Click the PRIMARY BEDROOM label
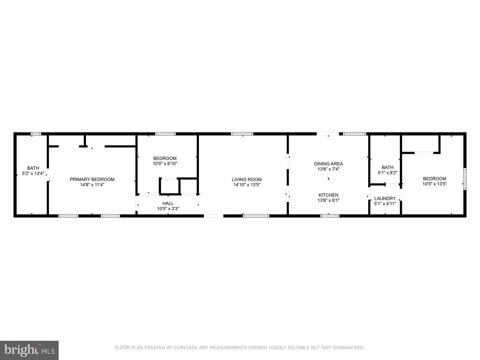92,179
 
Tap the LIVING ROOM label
247,179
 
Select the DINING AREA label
328,164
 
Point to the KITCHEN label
328,195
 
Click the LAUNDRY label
385,198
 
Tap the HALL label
168,203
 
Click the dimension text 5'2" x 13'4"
33,174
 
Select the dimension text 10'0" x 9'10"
165,164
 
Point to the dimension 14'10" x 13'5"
247,185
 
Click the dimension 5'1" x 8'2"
387,173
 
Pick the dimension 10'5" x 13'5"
435,184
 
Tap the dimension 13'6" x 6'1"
328,200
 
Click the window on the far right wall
465,179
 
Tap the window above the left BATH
36,134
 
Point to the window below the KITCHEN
330,216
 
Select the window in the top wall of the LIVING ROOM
242,134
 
